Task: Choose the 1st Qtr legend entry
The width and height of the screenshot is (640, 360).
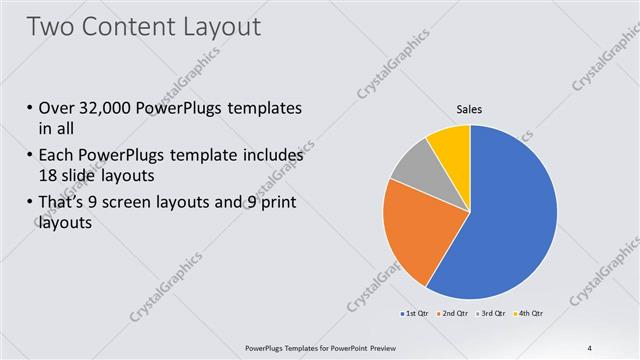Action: (x=418, y=315)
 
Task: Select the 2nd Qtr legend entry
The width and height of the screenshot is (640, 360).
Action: (x=456, y=315)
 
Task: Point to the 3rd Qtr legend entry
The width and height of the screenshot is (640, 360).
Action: (x=493, y=315)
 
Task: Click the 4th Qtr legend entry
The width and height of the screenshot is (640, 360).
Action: (x=529, y=315)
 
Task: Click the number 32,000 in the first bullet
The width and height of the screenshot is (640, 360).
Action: (x=108, y=108)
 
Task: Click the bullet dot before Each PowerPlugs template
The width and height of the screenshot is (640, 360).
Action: (x=29, y=157)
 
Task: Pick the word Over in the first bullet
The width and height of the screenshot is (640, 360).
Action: (x=55, y=108)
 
